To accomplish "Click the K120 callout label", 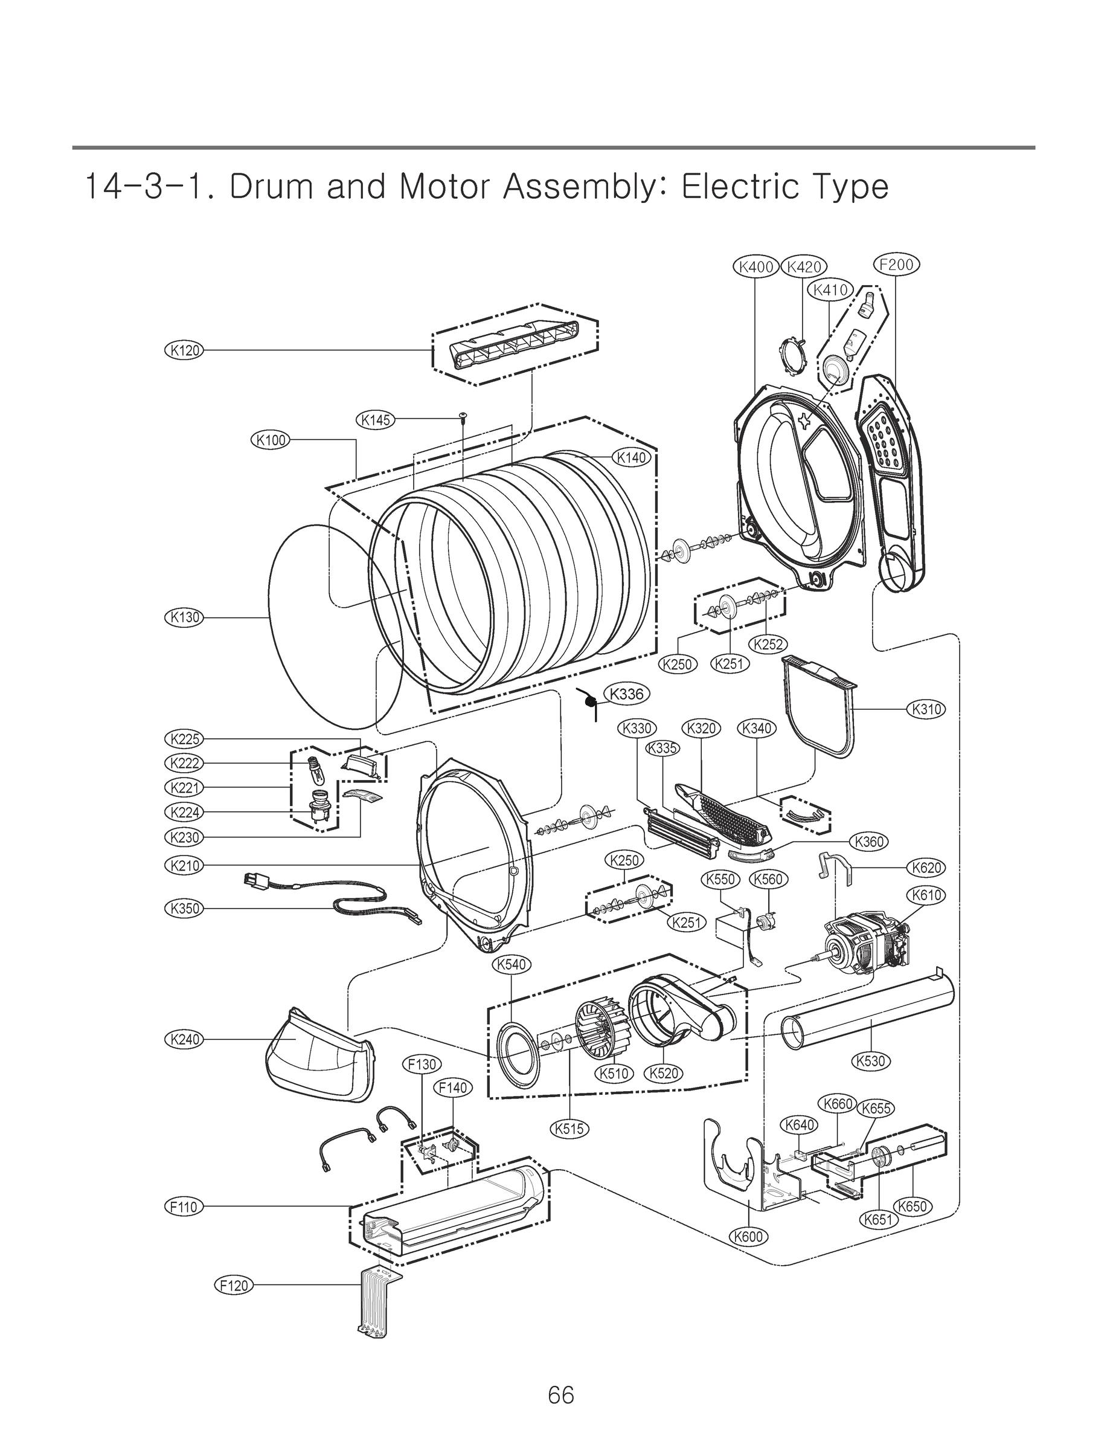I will pos(184,350).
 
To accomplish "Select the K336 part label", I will pos(626,694).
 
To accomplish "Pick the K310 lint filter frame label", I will pos(926,709).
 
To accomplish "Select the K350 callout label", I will pos(184,908).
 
